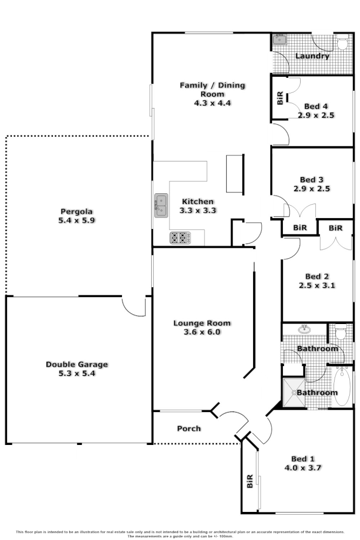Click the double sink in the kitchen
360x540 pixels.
coord(161,205)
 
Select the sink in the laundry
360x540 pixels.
coord(279,39)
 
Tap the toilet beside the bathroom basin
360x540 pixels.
coord(341,331)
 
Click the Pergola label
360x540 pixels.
coord(77,211)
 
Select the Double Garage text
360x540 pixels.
coord(77,364)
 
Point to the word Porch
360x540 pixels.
coord(189,428)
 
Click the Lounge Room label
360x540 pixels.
coord(202,323)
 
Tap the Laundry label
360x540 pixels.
coord(312,56)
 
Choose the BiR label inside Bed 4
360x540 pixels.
coord(280,98)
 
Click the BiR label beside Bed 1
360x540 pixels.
coord(249,481)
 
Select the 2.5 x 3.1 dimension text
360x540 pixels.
coord(317,285)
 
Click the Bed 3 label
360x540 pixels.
coord(311,180)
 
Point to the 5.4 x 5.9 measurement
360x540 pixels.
coord(77,220)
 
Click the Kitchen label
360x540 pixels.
coord(198,201)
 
